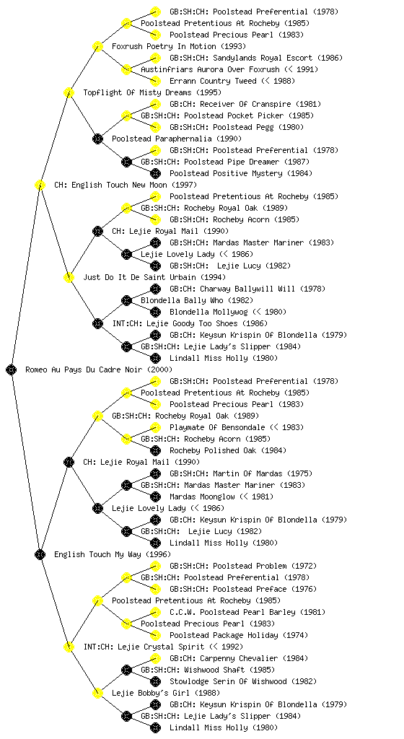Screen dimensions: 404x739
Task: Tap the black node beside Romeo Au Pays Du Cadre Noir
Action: [12, 369]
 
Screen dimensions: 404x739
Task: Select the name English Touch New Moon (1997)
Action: [126, 185]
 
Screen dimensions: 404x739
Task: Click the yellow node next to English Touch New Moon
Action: [40, 185]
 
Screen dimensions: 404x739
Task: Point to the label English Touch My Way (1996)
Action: [113, 554]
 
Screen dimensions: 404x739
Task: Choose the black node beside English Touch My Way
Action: [40, 554]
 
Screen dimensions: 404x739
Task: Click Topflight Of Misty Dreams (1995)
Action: [152, 92]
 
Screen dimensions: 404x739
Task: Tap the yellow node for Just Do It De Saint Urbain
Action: [69, 277]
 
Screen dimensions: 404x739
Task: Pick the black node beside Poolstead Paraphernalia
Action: [97, 139]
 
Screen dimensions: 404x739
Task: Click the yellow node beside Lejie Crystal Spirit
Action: [69, 647]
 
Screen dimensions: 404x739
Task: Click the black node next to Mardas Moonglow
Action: [155, 497]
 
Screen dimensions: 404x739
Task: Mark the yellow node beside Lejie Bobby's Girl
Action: [97, 693]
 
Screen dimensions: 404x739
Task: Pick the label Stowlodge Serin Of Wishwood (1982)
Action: [243, 681]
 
